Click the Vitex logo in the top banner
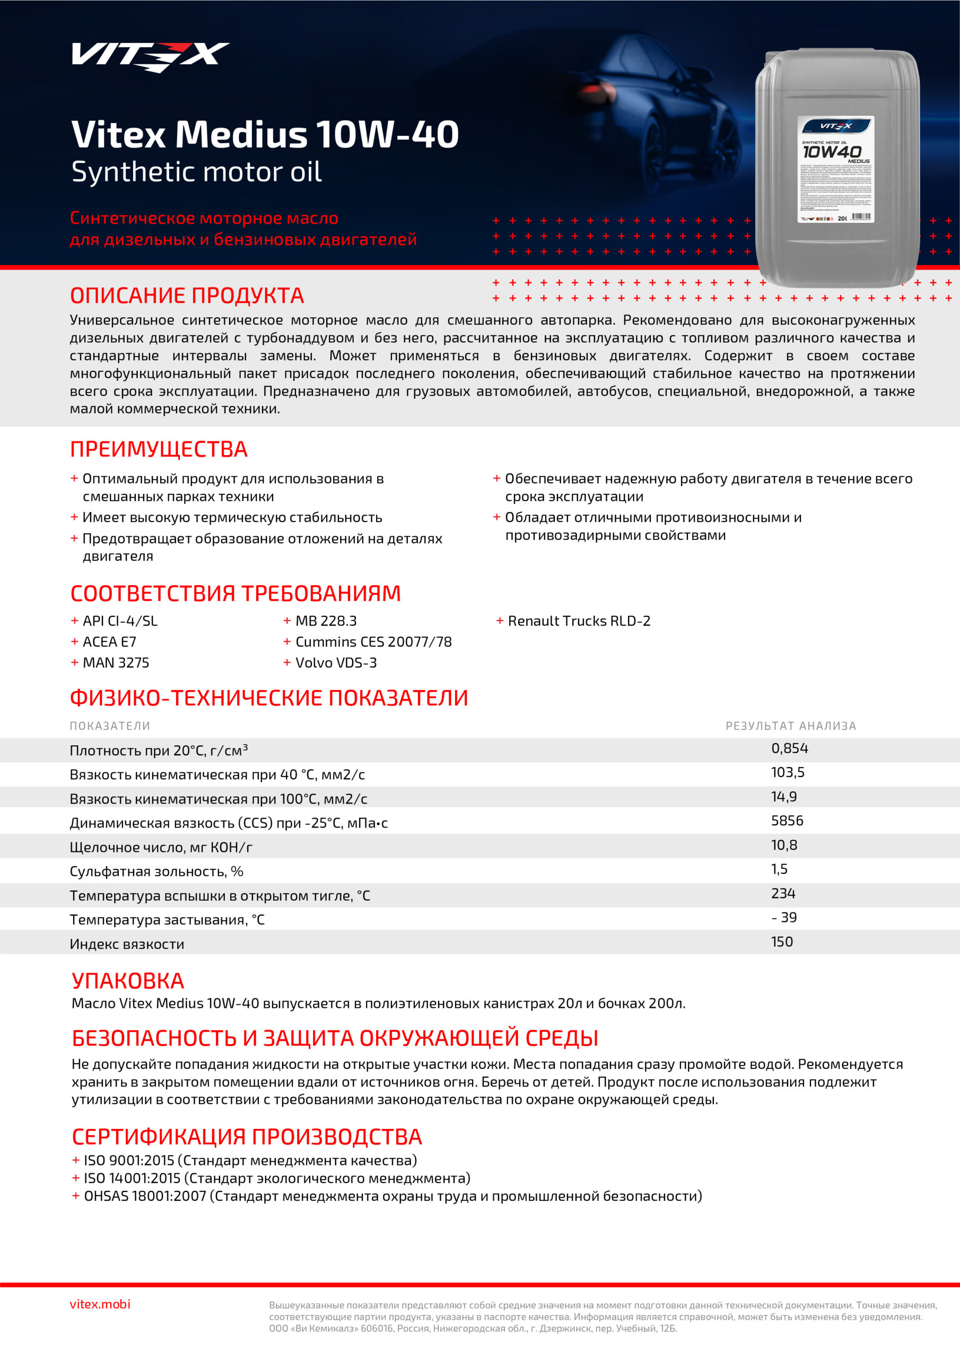150,56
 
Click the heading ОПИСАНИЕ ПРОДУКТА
187,295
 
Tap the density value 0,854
789,748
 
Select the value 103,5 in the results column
787,772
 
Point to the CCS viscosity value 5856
787,820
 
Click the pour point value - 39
784,917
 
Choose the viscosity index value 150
781,942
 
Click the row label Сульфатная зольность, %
156,871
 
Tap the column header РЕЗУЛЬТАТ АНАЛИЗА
790,726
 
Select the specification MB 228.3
326,621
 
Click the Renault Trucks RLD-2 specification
579,621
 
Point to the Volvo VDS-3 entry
336,663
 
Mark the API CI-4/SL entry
120,621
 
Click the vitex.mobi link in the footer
100,1304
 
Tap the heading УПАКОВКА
128,981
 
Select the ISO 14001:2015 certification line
277,1178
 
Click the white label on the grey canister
835,169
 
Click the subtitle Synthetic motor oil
196,172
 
